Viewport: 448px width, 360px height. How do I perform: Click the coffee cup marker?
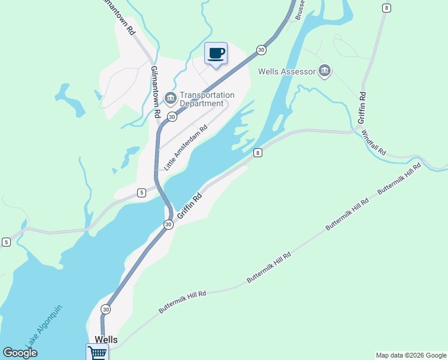tap(216, 53)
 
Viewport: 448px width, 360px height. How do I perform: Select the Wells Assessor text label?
tap(286, 71)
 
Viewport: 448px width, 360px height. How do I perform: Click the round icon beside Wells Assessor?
tap(325, 71)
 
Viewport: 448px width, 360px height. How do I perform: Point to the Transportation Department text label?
tap(207, 99)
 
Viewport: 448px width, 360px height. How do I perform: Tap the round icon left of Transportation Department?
tap(170, 98)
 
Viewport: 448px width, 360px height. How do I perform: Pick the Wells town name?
tap(105, 340)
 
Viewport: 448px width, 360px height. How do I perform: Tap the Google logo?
tap(20, 353)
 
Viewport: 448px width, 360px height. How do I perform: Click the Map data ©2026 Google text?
tap(411, 355)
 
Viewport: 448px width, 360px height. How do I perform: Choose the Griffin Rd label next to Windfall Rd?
tap(362, 108)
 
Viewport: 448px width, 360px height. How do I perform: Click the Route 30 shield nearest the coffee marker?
tap(261, 50)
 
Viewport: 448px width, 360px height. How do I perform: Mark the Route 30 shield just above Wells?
tap(105, 309)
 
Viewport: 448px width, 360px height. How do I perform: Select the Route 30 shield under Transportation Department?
tap(172, 116)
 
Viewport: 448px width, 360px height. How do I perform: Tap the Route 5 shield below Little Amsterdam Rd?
tap(141, 193)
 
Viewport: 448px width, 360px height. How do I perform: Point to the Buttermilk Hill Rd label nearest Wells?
tap(182, 302)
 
